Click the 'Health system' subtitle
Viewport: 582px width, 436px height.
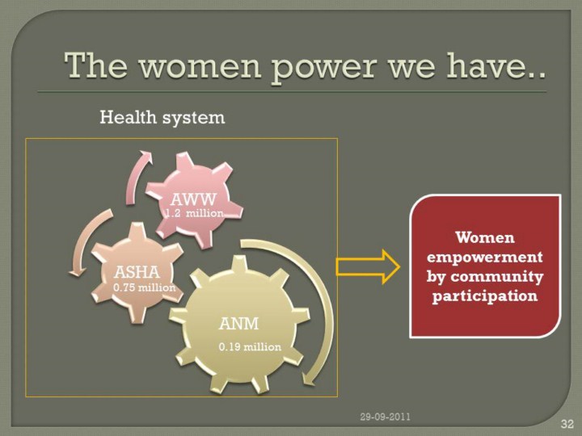click(162, 118)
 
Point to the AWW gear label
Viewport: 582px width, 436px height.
click(193, 200)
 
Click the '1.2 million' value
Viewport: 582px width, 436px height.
click(194, 213)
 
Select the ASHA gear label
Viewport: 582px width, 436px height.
click(137, 272)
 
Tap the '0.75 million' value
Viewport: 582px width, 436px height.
click(144, 287)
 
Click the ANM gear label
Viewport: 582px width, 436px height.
click(238, 324)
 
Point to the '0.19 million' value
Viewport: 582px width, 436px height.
click(250, 347)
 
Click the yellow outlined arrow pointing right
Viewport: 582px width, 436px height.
click(368, 267)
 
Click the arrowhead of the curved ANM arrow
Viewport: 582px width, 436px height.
click(309, 379)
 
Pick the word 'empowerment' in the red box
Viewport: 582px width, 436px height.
click(485, 257)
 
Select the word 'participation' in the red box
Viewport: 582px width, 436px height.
click(485, 296)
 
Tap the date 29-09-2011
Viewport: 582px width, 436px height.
click(386, 417)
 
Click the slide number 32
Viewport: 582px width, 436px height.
click(567, 423)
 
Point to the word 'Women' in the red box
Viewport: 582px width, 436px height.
click(485, 237)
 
